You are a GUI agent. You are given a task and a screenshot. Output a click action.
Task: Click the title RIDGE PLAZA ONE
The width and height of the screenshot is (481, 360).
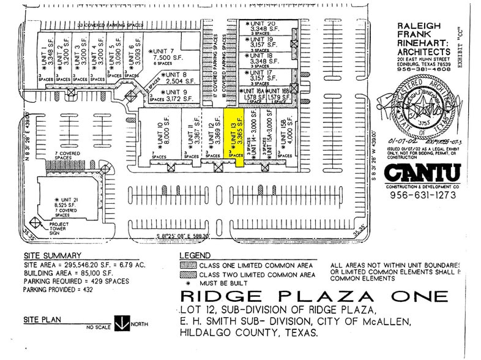(313, 298)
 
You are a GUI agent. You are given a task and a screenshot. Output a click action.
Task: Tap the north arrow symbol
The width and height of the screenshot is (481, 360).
(121, 323)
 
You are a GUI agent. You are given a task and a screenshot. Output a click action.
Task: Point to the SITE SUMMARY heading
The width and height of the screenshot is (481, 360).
(52, 255)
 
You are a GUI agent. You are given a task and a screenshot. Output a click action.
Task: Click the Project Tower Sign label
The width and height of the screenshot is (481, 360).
(64, 228)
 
